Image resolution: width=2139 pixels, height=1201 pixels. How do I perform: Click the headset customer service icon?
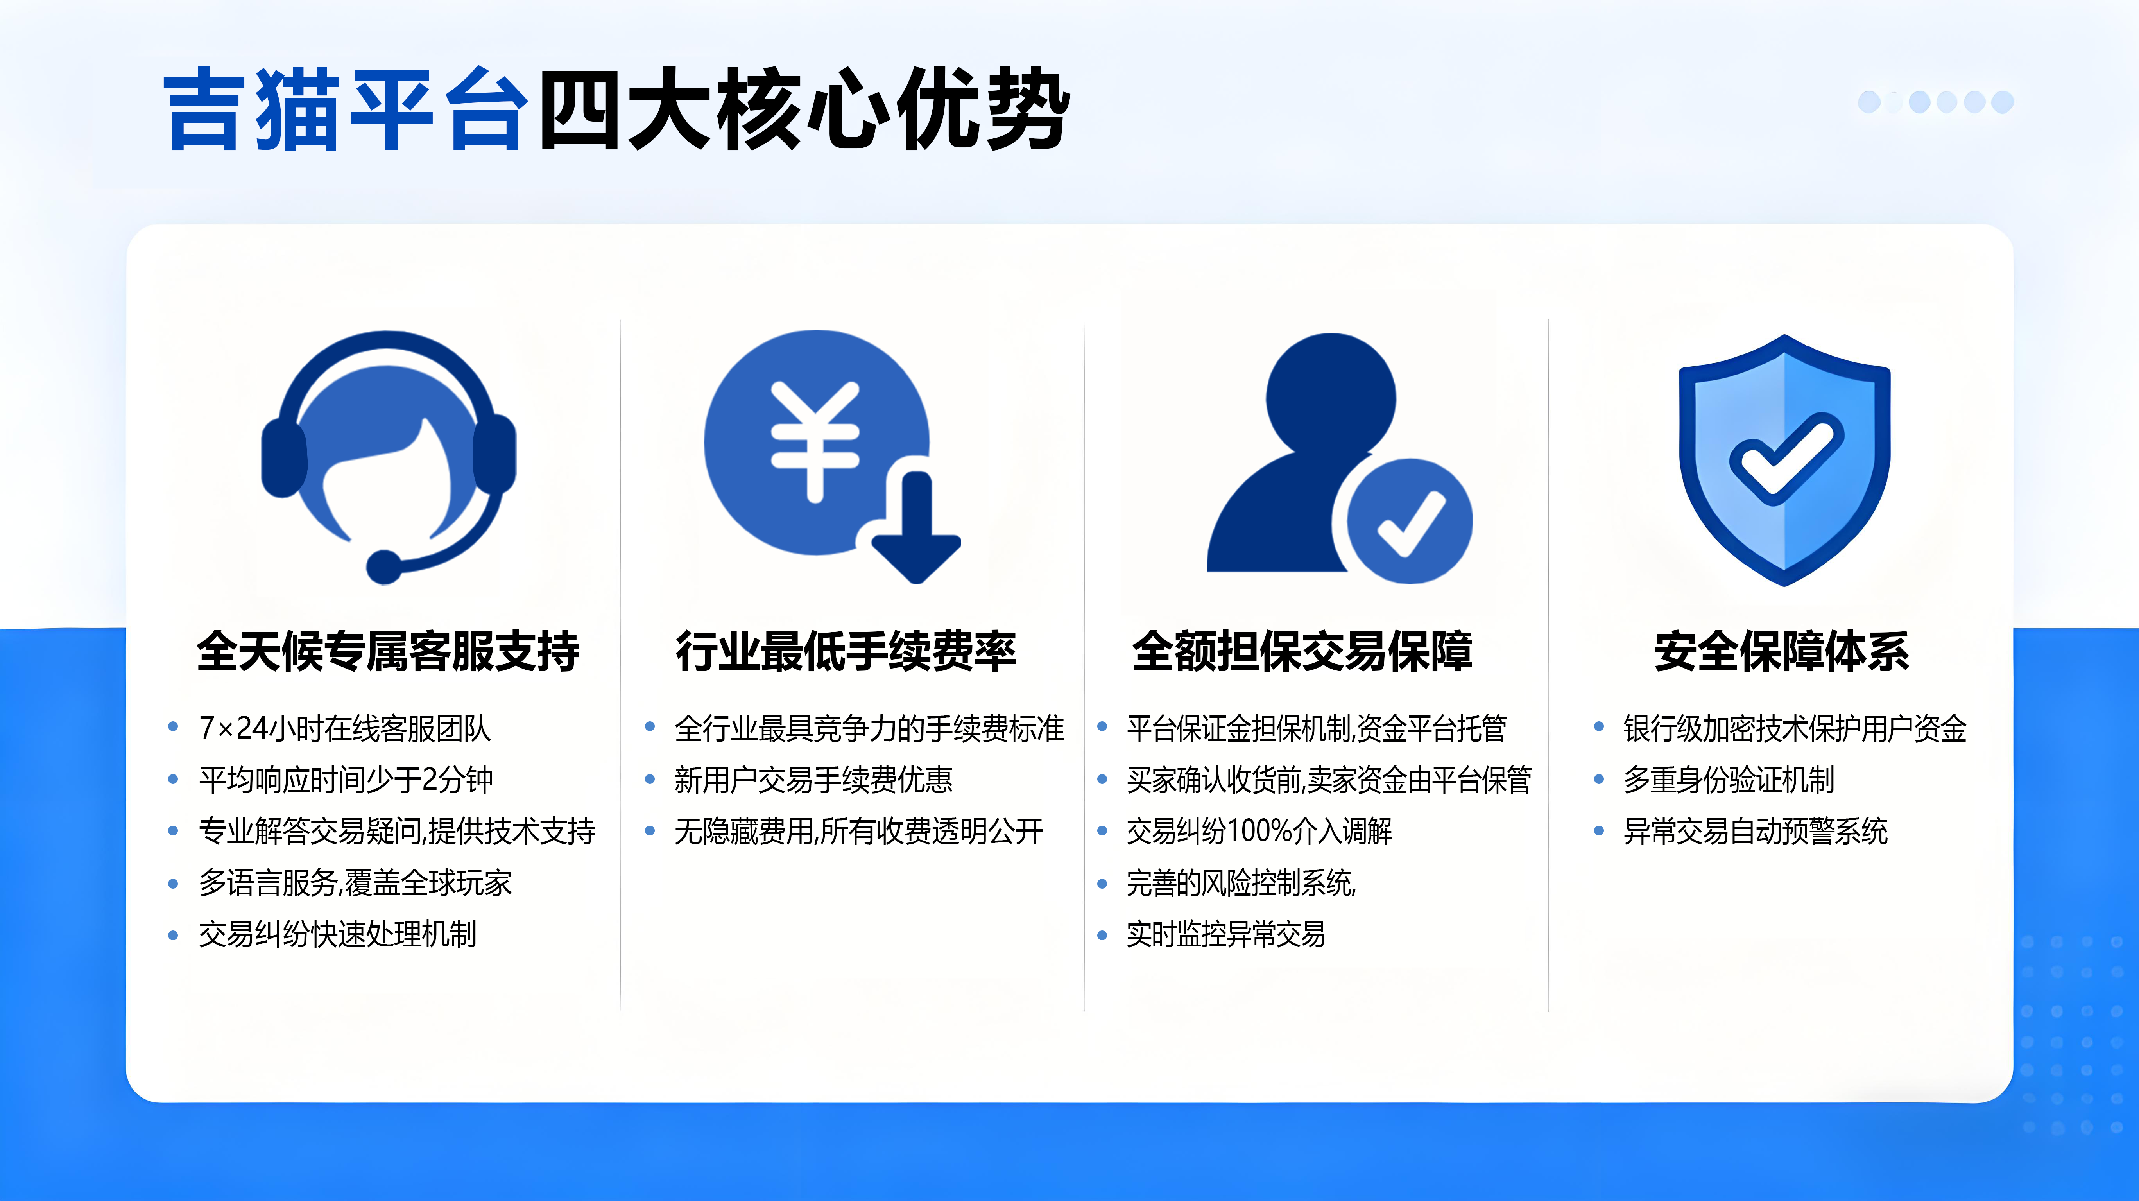tap(388, 457)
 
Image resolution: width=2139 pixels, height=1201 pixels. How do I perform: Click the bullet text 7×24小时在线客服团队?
tap(345, 728)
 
